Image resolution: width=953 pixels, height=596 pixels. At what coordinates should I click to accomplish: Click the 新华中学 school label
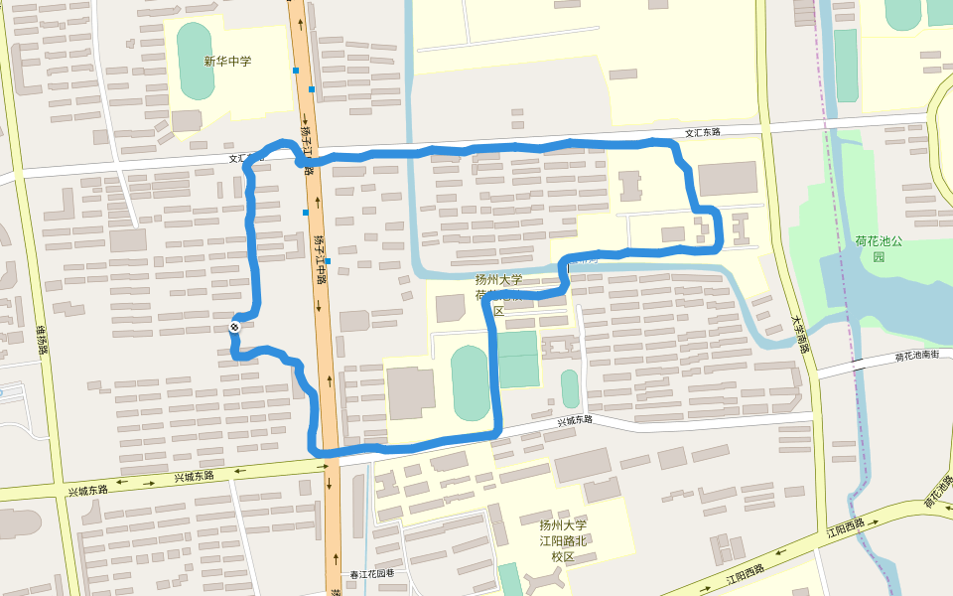click(x=227, y=62)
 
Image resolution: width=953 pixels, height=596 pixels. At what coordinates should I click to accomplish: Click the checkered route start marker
click(x=235, y=326)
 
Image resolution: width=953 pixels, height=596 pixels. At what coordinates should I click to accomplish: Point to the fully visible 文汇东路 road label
click(x=702, y=132)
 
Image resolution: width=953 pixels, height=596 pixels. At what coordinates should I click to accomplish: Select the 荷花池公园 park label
click(x=878, y=248)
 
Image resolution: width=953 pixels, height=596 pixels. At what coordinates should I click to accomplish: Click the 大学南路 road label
click(x=799, y=335)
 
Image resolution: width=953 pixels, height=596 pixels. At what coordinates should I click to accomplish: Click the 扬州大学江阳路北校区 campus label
click(x=563, y=540)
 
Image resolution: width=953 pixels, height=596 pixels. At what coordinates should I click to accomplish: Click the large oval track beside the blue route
click(x=471, y=383)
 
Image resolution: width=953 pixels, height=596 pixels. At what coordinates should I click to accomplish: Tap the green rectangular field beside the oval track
click(x=517, y=360)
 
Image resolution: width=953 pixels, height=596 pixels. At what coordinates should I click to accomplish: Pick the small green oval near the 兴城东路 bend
click(x=570, y=388)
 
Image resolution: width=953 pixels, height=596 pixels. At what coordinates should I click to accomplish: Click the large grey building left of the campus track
click(x=410, y=392)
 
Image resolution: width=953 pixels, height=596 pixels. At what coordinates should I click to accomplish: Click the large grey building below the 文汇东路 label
click(x=727, y=179)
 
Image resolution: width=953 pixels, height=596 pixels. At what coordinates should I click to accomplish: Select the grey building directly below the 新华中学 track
click(x=187, y=121)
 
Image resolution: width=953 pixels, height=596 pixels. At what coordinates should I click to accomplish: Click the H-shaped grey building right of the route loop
click(x=739, y=228)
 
